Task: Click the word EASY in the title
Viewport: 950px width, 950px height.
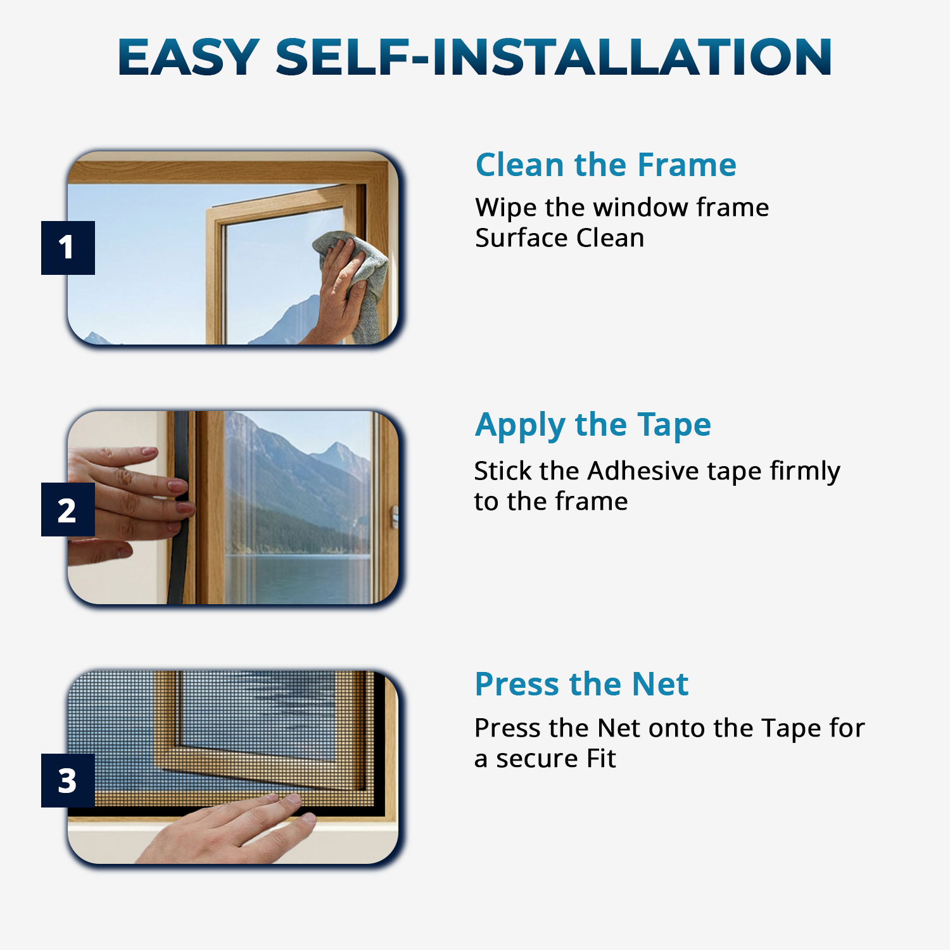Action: pos(188,57)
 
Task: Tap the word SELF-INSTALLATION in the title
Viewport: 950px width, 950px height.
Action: pos(553,57)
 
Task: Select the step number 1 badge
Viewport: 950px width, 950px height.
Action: pos(68,248)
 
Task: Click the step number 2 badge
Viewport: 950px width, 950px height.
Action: pos(68,510)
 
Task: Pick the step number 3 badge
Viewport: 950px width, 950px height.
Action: pos(68,780)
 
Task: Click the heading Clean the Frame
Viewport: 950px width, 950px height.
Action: pos(605,165)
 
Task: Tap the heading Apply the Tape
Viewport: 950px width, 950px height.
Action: pos(593,424)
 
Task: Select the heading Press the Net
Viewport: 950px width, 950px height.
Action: pos(581,684)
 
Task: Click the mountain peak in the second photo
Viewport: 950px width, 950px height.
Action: pos(342,447)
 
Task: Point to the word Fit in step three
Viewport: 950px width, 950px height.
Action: pos(601,759)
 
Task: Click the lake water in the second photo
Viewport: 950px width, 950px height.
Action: pos(298,576)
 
